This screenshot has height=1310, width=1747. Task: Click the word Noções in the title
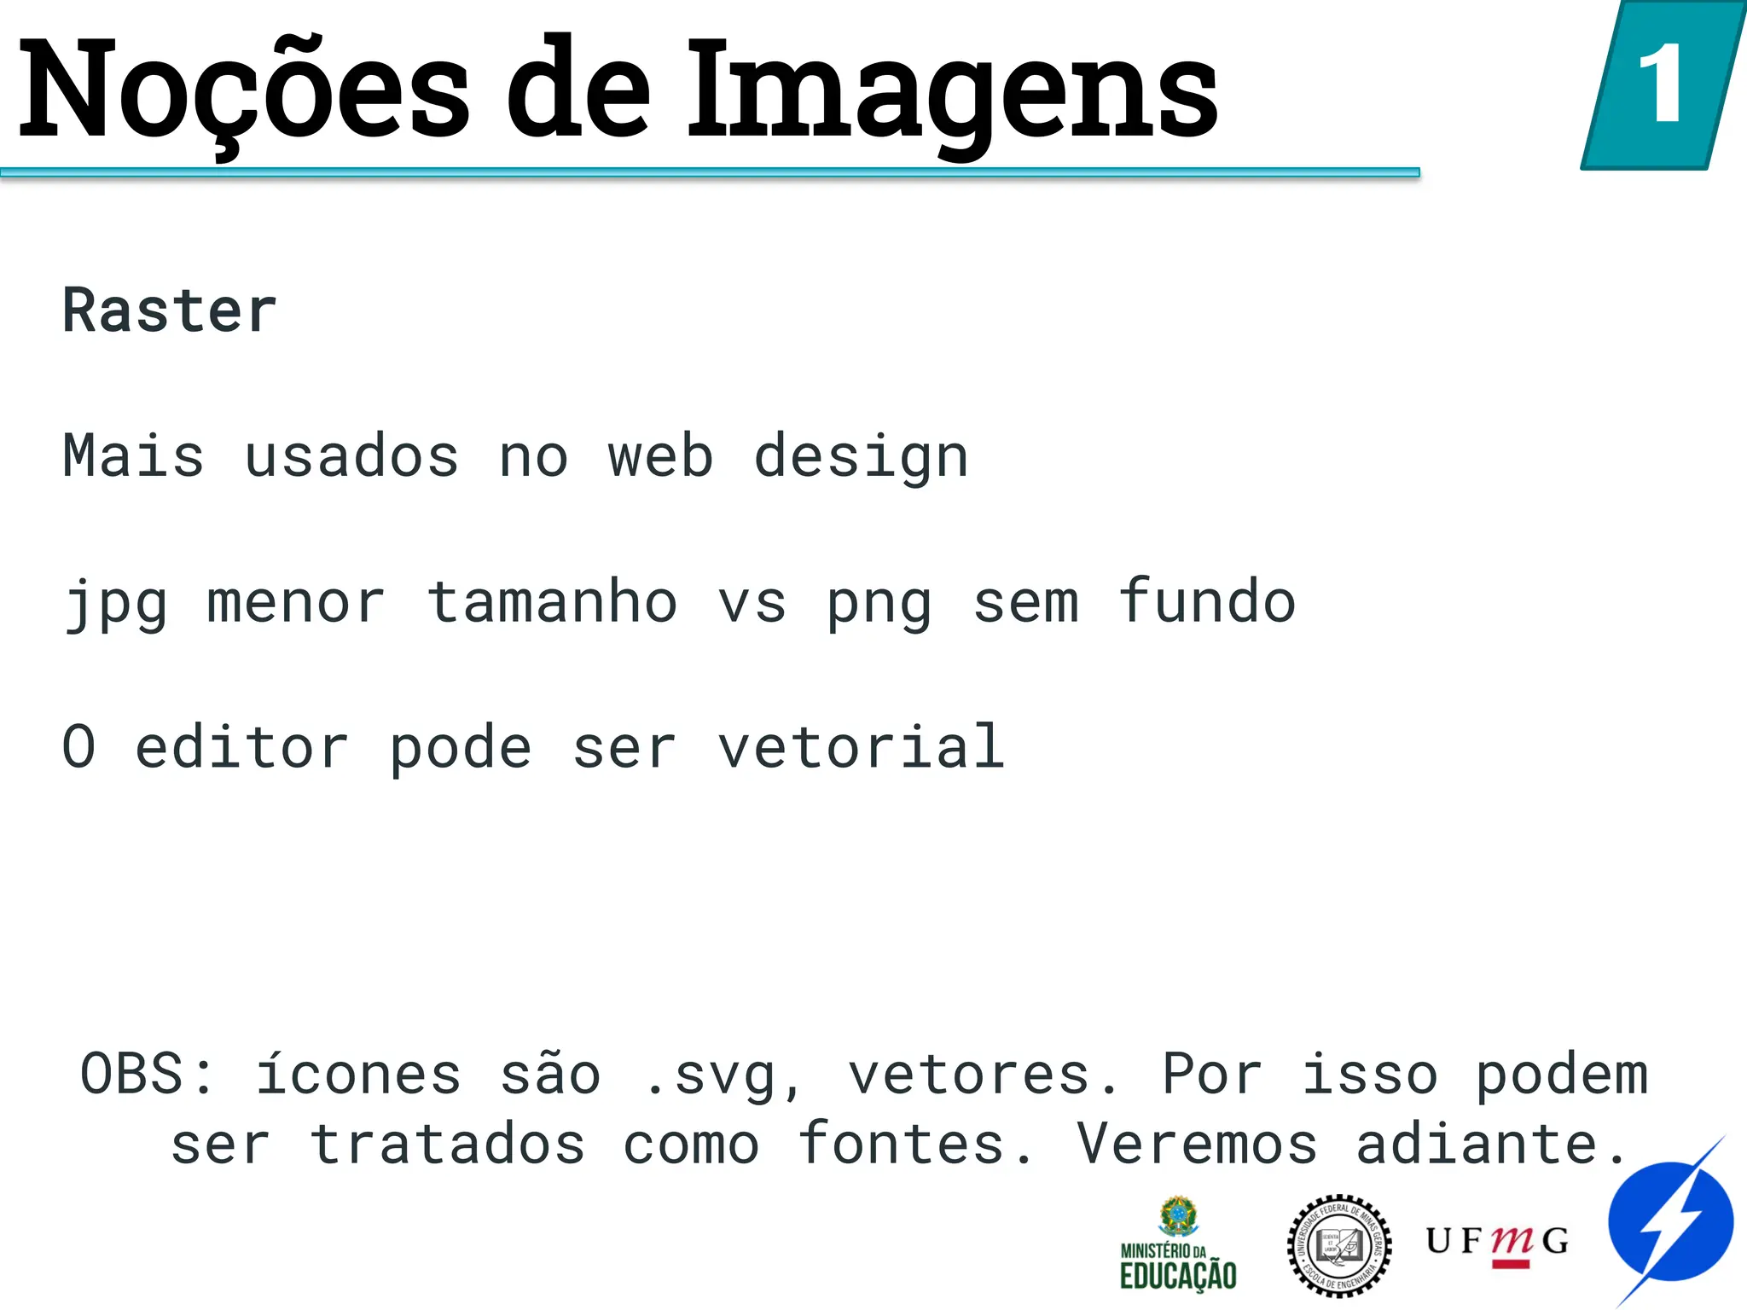pos(243,90)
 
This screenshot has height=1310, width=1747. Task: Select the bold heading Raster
pos(170,310)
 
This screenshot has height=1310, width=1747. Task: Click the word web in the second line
pos(660,456)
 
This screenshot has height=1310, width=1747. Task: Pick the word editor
pos(242,747)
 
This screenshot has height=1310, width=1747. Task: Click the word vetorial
pos(862,747)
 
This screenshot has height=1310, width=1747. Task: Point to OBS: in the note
pos(148,1074)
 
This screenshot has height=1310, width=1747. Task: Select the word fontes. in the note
pos(915,1144)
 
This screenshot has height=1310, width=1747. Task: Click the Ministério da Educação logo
pos(1178,1244)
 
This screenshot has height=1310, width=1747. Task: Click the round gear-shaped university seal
pos(1338,1246)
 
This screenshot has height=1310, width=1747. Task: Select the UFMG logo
pos(1497,1244)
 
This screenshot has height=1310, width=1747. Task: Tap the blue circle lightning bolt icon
pos(1670,1222)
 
